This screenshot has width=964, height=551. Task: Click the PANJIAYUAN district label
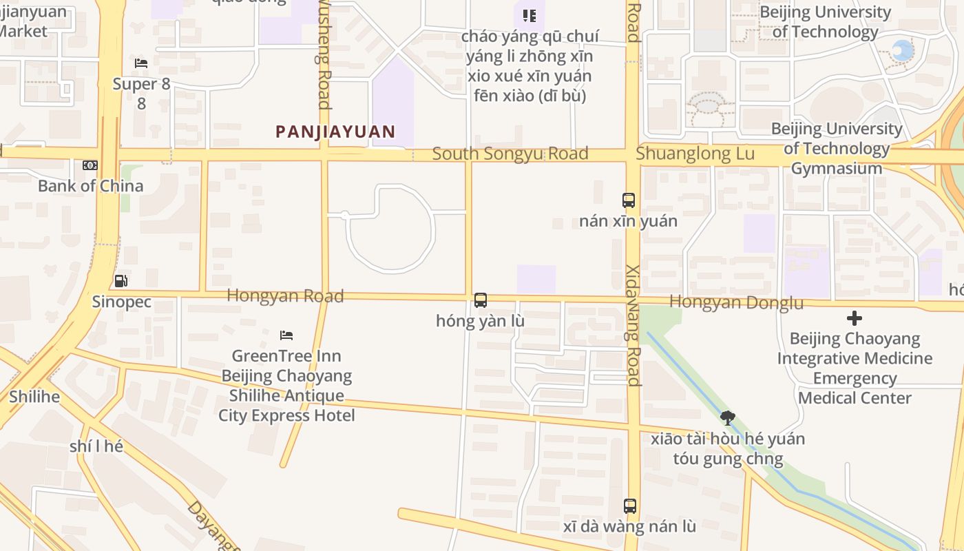point(335,132)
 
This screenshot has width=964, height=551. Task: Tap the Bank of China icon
point(90,165)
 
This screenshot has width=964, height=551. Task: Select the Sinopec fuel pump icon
point(120,281)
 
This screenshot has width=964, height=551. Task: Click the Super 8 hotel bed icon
point(141,63)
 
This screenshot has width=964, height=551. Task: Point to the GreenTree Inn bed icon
point(286,335)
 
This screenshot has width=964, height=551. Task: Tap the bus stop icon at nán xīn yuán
point(629,200)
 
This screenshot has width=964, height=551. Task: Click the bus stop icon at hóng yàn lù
point(481,300)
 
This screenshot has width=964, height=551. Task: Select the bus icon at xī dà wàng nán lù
point(630,506)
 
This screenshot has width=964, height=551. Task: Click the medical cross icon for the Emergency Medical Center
point(855,318)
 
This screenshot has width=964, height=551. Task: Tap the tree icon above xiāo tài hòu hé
point(727,417)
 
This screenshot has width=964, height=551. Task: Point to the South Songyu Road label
point(510,154)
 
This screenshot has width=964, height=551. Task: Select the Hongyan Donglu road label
point(736,302)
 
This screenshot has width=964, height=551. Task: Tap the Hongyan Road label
point(285,295)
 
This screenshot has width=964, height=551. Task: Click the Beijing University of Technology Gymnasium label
point(836,149)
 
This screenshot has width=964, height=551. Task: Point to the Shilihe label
point(34,397)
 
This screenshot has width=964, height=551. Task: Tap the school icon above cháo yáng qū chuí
point(529,15)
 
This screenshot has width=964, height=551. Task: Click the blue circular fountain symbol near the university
point(902,50)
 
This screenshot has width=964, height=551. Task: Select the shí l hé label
point(96,446)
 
